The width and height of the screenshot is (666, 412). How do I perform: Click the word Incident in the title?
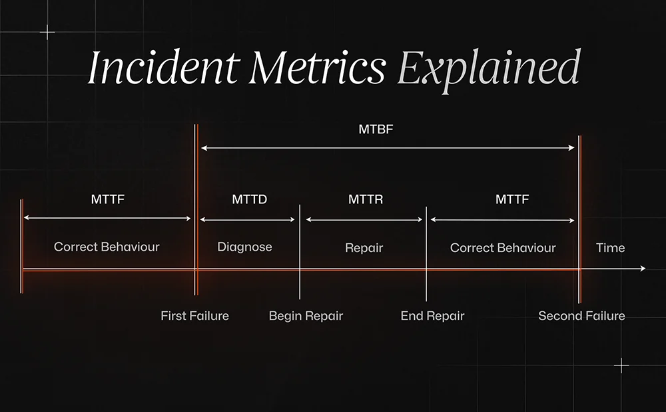pyautogui.click(x=164, y=68)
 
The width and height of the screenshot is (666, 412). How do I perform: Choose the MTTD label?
pyautogui.click(x=249, y=199)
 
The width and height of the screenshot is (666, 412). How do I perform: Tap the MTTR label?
pyautogui.click(x=365, y=199)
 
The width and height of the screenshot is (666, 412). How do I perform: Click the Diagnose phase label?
pyautogui.click(x=244, y=247)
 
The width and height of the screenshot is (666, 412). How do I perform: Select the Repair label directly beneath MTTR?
pyautogui.click(x=364, y=247)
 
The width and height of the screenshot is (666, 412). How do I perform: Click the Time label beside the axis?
pyautogui.click(x=610, y=247)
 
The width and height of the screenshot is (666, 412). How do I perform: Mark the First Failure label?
pyautogui.click(x=194, y=316)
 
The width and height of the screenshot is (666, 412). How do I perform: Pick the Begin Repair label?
pyautogui.click(x=306, y=316)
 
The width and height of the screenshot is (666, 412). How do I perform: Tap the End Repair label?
pyautogui.click(x=432, y=316)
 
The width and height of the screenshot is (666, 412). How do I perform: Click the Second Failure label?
pyautogui.click(x=581, y=316)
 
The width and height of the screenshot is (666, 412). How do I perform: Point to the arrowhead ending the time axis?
pyautogui.click(x=642, y=269)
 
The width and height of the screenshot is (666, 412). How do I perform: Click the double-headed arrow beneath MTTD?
pyautogui.click(x=248, y=219)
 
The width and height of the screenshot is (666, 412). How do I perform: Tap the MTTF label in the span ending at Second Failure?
pyautogui.click(x=511, y=199)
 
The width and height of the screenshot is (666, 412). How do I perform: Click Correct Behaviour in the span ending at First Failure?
pyautogui.click(x=107, y=247)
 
